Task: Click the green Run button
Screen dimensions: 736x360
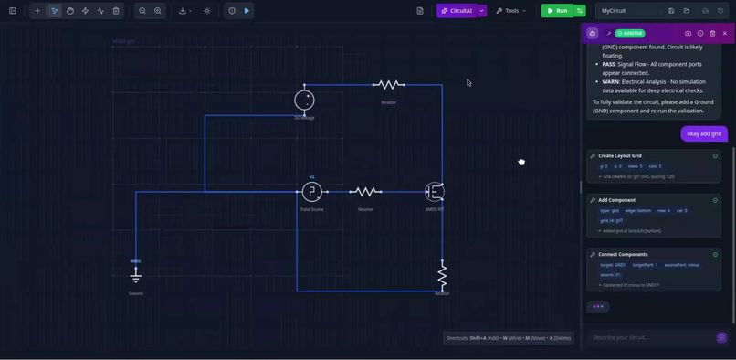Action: coord(556,11)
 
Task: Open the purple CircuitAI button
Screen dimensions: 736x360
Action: coord(456,11)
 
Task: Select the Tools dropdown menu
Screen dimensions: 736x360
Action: coord(511,11)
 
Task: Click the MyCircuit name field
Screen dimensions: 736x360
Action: coord(628,11)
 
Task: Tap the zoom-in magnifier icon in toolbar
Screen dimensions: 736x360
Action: coord(158,11)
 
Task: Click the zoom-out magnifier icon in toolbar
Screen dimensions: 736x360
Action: coord(142,11)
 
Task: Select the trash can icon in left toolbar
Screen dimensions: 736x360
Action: coord(116,11)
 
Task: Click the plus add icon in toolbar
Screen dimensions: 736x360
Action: coord(37,11)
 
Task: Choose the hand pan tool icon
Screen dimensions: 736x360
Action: coord(70,11)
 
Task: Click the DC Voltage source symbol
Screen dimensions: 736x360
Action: coord(304,100)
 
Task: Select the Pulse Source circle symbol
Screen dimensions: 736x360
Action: coord(311,192)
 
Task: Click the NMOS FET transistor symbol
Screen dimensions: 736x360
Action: coord(435,192)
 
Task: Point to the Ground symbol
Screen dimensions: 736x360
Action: coord(136,274)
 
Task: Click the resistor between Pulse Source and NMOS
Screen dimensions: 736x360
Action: coord(365,192)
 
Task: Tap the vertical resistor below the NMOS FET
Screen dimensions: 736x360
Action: coord(442,275)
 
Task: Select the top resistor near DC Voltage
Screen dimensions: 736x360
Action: coord(388,85)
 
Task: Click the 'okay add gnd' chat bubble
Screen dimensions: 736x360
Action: coord(704,133)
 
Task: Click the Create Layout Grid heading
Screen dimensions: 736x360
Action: coord(619,155)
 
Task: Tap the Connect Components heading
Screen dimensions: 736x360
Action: coord(623,254)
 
